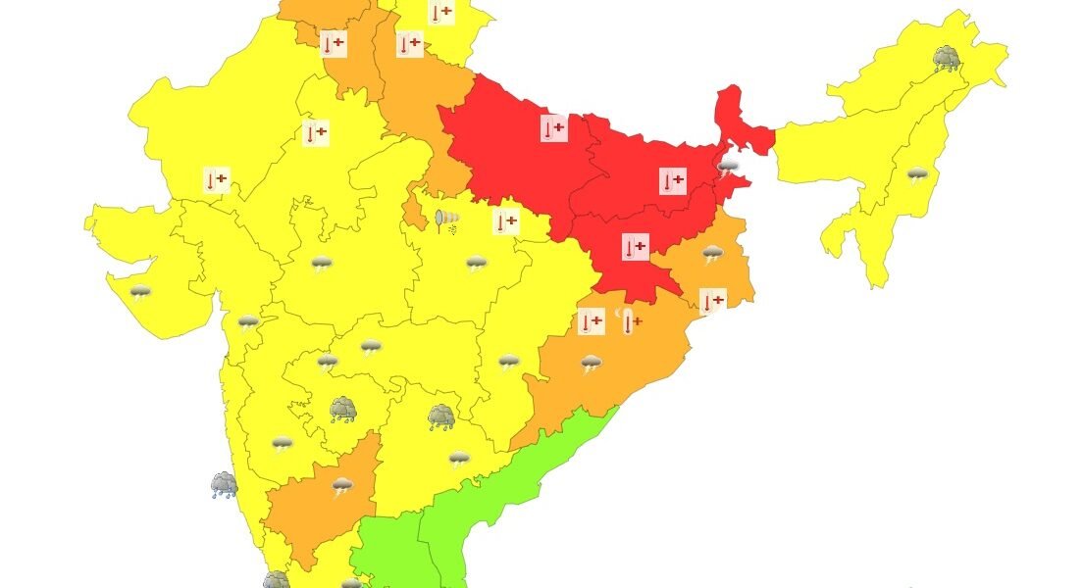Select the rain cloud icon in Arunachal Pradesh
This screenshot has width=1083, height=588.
pyautogui.click(x=947, y=59)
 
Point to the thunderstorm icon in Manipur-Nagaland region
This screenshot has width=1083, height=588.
pyautogui.click(x=917, y=175)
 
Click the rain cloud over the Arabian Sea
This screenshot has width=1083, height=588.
pyautogui.click(x=224, y=484)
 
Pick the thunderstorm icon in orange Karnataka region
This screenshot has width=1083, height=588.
pyautogui.click(x=342, y=486)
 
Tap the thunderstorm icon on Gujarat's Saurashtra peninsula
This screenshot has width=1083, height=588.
pyautogui.click(x=141, y=291)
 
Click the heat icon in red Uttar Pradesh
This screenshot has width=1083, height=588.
pyautogui.click(x=554, y=127)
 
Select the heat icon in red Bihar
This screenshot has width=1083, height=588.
pyautogui.click(x=672, y=180)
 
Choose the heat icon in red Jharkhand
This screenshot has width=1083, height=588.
pyautogui.click(x=636, y=247)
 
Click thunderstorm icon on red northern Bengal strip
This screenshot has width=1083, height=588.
pyautogui.click(x=728, y=169)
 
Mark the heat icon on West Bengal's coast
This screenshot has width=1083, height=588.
pyautogui.click(x=713, y=301)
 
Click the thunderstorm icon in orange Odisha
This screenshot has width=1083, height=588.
pyautogui.click(x=591, y=365)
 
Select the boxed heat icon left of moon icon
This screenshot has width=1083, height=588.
pyautogui.click(x=591, y=321)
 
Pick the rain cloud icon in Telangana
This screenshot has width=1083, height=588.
pyautogui.click(x=441, y=418)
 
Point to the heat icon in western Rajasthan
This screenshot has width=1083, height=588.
pyautogui.click(x=216, y=179)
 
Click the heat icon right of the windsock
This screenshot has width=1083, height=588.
pyautogui.click(x=505, y=221)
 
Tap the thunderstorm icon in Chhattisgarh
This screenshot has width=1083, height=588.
pyautogui.click(x=508, y=362)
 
